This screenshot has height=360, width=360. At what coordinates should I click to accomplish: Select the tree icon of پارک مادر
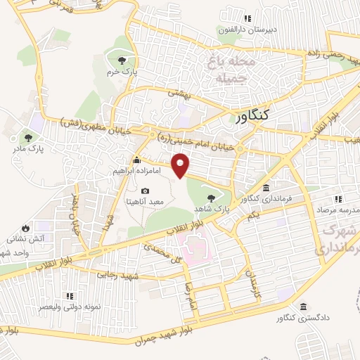click(x=28, y=138)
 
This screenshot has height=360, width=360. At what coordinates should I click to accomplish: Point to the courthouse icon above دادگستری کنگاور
click(x=303, y=307)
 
